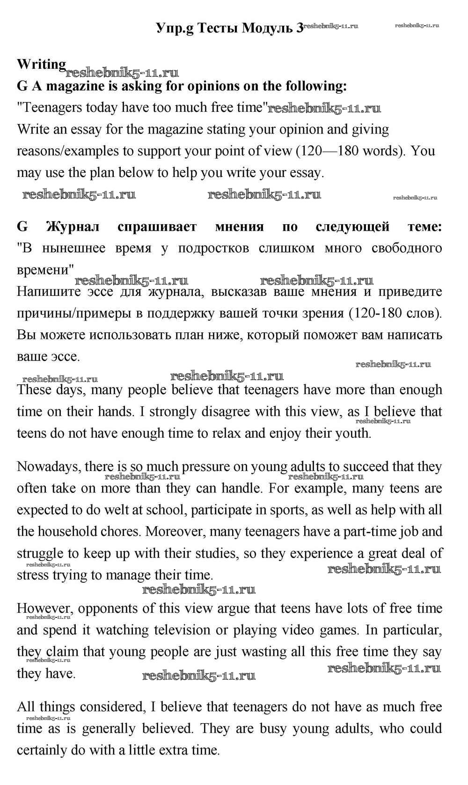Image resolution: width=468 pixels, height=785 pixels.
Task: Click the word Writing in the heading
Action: (41, 64)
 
